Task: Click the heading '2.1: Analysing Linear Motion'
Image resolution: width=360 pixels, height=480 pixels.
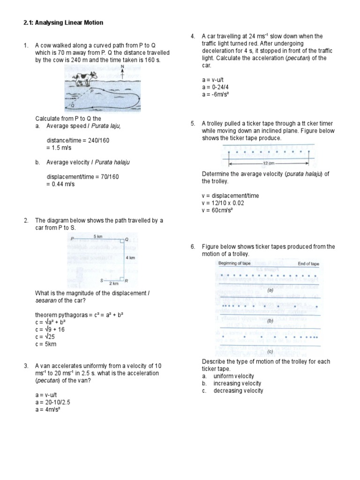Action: coord(63,22)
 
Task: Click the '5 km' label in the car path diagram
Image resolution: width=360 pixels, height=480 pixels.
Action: coord(98,236)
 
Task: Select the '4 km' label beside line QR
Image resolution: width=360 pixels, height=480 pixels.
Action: coord(131,257)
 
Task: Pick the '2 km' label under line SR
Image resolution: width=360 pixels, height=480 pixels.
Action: coord(114,284)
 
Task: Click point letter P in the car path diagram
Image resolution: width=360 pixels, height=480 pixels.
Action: coord(72,239)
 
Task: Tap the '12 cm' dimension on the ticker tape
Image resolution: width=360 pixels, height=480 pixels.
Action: coord(269,164)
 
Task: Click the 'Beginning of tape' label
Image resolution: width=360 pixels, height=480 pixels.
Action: coord(234,263)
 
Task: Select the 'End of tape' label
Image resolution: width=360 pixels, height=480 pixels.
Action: coord(308,264)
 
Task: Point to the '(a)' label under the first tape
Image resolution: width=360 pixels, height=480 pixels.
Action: coord(270,291)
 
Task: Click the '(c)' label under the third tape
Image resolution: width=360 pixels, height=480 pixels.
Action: coord(270,351)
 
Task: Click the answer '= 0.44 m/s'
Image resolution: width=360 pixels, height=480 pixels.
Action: coord(60,184)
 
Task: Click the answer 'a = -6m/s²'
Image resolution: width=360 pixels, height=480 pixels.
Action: coord(216,95)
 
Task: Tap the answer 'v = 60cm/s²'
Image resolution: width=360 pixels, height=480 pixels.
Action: coord(217,210)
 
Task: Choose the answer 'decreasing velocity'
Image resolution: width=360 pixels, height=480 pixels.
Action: coord(238,390)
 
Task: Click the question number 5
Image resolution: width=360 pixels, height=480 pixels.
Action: coord(193,124)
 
